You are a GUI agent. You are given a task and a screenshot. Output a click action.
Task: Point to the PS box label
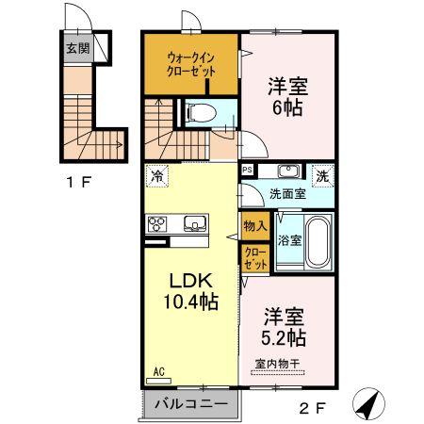(x=247, y=171)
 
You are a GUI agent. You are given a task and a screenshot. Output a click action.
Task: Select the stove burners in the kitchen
(x=156, y=223)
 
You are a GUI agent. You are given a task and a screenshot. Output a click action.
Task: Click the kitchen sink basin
(x=194, y=223)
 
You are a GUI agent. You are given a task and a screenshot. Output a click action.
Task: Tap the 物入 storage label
(x=254, y=225)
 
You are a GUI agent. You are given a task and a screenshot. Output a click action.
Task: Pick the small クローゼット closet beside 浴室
(x=254, y=256)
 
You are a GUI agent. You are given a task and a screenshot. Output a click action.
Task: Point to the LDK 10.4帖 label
(x=194, y=292)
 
